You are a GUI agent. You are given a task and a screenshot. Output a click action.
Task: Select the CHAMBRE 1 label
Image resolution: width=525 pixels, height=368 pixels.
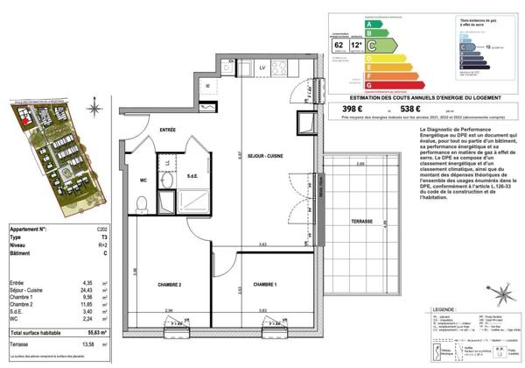tap(264, 286)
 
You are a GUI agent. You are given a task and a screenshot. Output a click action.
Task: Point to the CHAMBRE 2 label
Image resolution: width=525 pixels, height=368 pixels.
tap(169, 286)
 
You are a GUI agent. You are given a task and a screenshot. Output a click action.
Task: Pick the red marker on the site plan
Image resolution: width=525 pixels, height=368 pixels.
tap(25, 116)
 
